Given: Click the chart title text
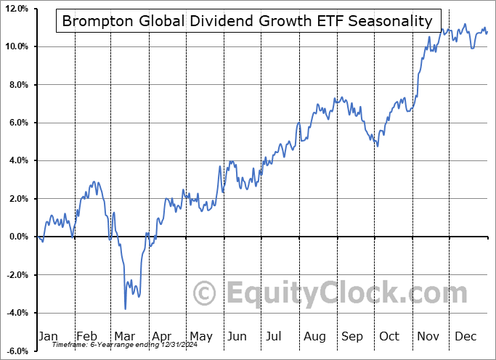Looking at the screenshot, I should click(247, 20).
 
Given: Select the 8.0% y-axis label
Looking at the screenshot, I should click(17, 85).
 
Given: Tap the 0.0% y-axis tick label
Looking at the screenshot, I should click(17, 237).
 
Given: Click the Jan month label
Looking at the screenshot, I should click(48, 336).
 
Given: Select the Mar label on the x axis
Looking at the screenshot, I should click(123, 336).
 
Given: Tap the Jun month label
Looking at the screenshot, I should click(237, 336).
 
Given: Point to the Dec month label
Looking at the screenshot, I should click(465, 336).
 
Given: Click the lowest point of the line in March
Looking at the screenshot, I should click(125, 308).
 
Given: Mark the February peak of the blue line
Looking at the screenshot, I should click(94, 181).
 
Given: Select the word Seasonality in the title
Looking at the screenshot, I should click(391, 20).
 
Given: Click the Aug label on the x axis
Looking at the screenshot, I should click(314, 336).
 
